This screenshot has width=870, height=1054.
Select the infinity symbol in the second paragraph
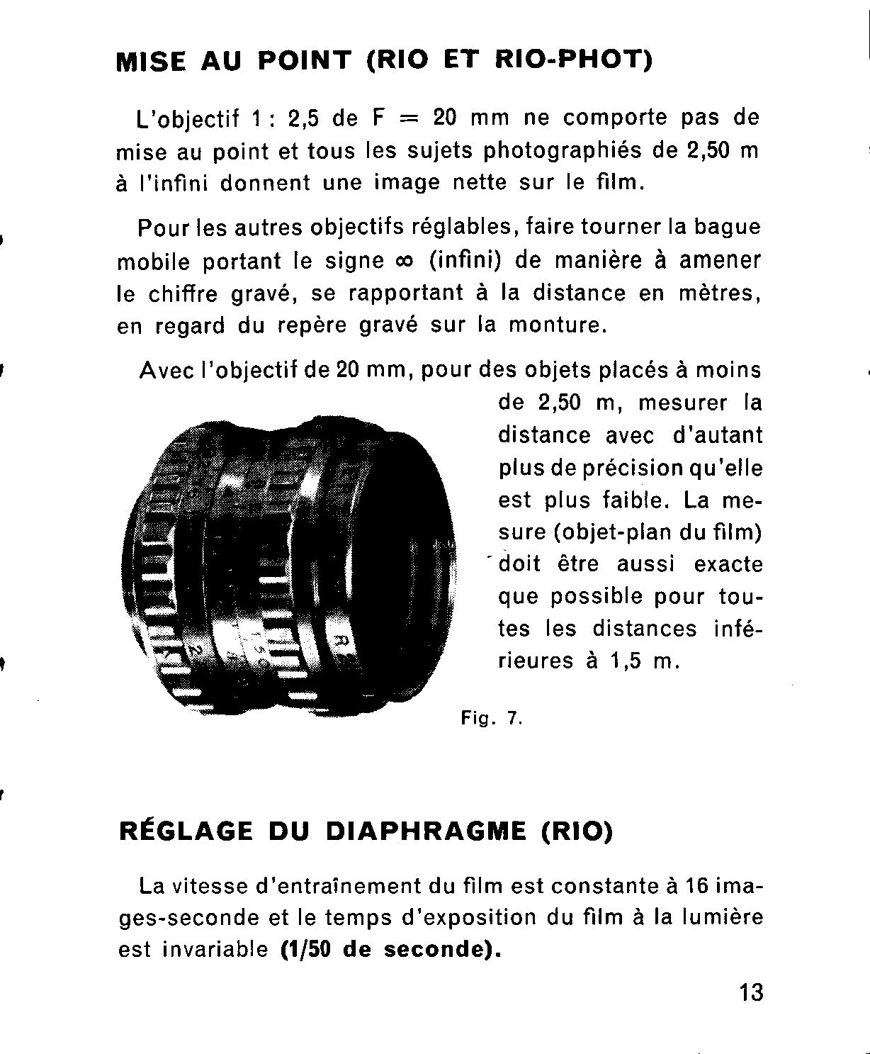(401, 261)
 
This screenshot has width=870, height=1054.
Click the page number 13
(751, 992)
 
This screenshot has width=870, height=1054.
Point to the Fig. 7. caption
(491, 719)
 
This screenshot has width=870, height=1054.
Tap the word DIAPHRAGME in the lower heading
(426, 831)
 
